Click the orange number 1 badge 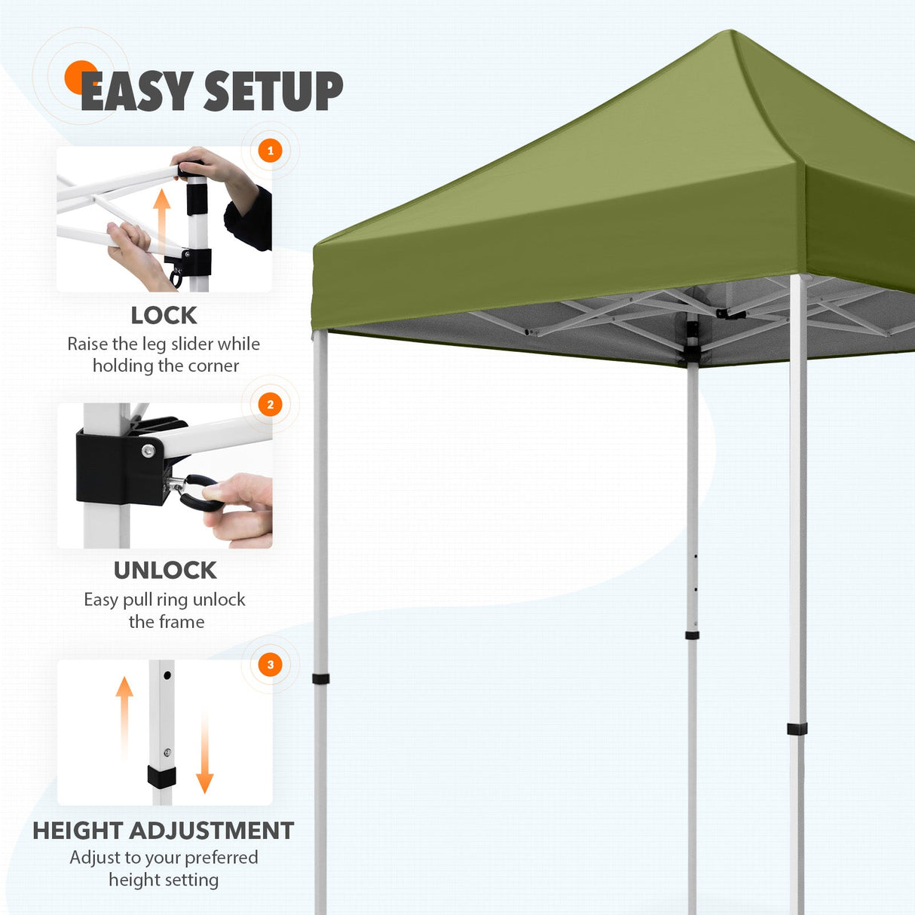(x=271, y=151)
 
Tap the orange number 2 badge (x=271, y=405)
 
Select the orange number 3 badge (x=271, y=665)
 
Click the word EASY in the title (x=136, y=92)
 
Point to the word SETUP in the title (x=274, y=92)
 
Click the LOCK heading (x=164, y=315)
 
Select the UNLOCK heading (x=165, y=571)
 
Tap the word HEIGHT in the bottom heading (x=78, y=831)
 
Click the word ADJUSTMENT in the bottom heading (x=212, y=831)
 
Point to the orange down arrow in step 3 (x=204, y=754)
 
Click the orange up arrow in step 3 (x=124, y=716)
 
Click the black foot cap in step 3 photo (x=161, y=777)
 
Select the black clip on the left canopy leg (x=321, y=679)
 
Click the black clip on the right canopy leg (x=797, y=729)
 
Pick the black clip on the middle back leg (x=692, y=635)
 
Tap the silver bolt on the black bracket (x=148, y=450)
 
